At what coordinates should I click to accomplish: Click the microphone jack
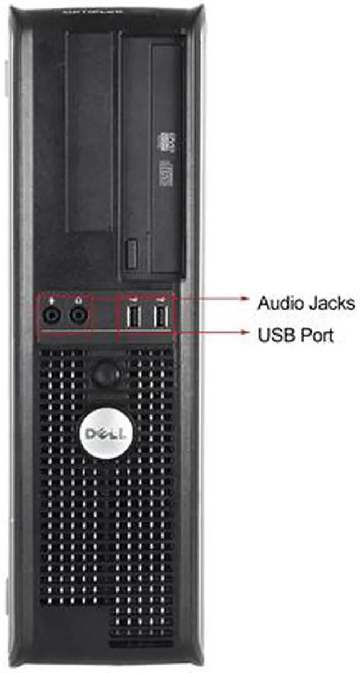pyautogui.click(x=52, y=317)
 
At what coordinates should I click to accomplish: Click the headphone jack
pyautogui.click(x=79, y=317)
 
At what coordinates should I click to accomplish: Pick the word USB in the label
pyautogui.click(x=273, y=336)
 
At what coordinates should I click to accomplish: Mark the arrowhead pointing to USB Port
pyautogui.click(x=245, y=332)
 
